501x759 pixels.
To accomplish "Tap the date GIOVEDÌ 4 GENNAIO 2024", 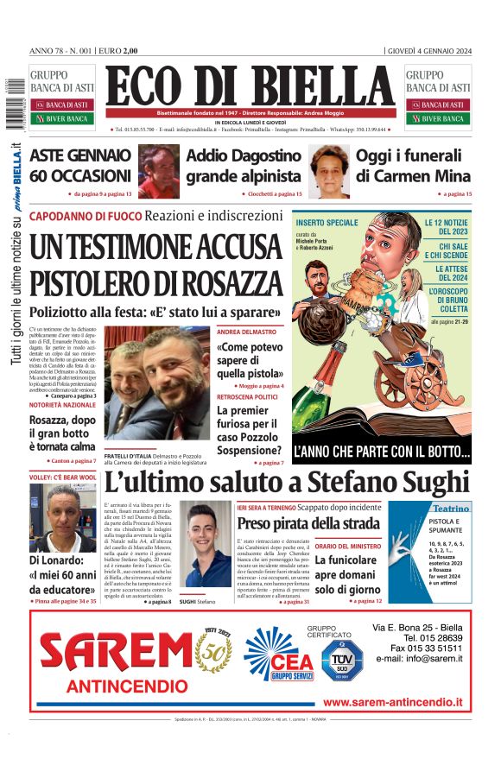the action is tap(429, 51).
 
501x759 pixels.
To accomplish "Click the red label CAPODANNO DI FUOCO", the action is tap(85, 215).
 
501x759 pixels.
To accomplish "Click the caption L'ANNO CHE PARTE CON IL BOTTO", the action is tap(382, 451).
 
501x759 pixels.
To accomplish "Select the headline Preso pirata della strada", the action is tap(308, 523).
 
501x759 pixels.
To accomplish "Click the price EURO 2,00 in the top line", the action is tap(118, 51).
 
